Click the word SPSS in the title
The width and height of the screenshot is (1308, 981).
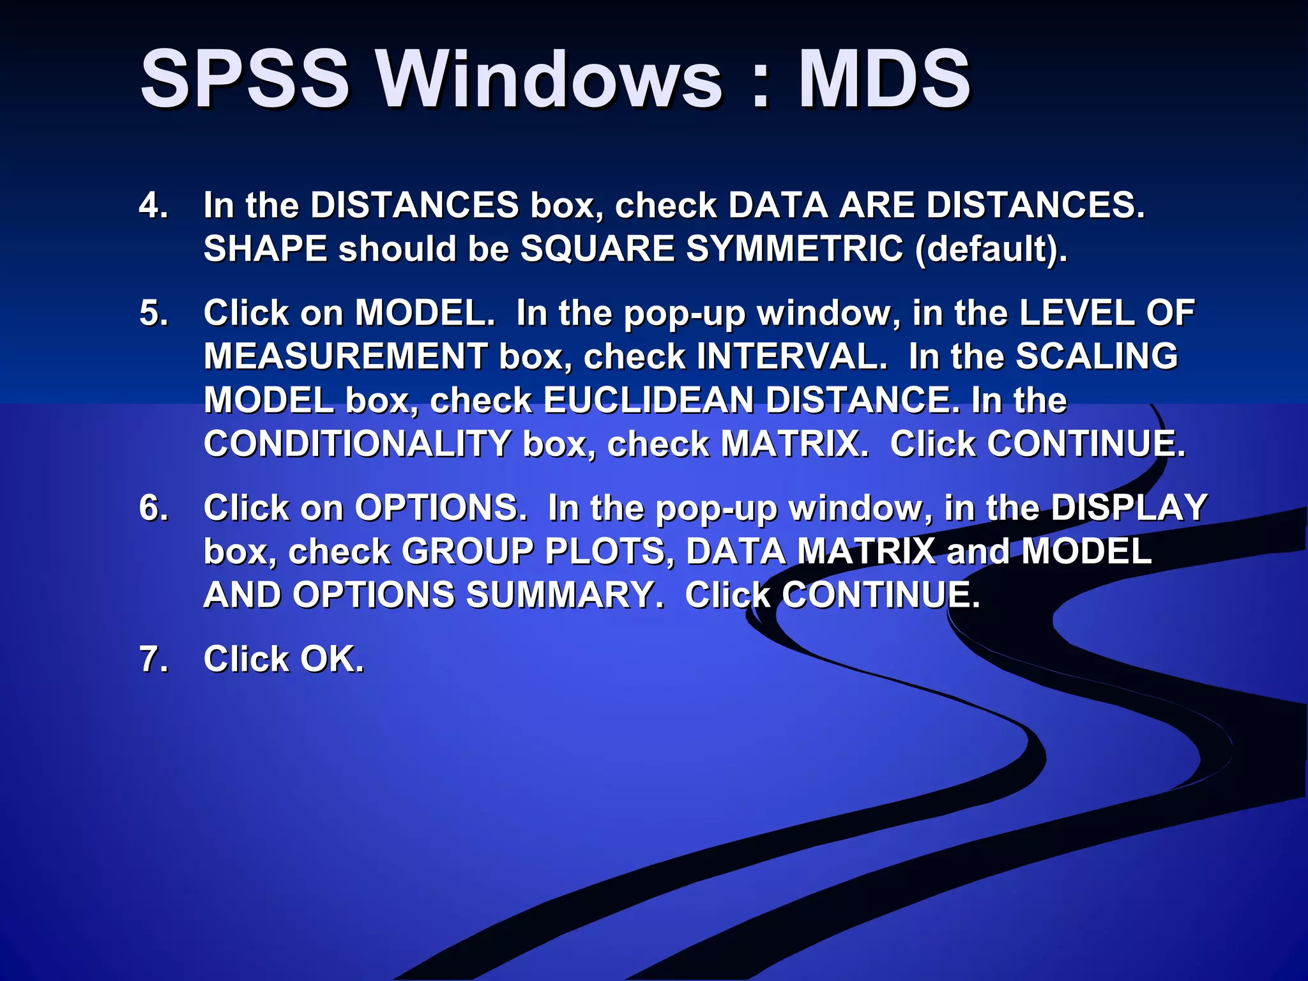pyautogui.click(x=245, y=80)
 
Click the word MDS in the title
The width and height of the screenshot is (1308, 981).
pyautogui.click(x=884, y=80)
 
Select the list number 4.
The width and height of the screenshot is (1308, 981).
pyautogui.click(x=153, y=206)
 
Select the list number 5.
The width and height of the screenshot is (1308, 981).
pyautogui.click(x=153, y=314)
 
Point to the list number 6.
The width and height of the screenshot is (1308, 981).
pyautogui.click(x=153, y=508)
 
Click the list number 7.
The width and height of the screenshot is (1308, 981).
pyautogui.click(x=153, y=660)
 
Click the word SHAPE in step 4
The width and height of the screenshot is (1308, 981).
pyautogui.click(x=265, y=249)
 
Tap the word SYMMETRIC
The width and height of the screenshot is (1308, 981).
pyautogui.click(x=795, y=249)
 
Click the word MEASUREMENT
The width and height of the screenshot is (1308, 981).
pyautogui.click(x=346, y=357)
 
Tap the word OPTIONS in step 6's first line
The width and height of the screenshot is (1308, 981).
pyautogui.click(x=440, y=508)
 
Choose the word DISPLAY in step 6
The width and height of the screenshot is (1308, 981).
pyautogui.click(x=1129, y=508)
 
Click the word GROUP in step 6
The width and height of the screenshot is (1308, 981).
pyautogui.click(x=467, y=552)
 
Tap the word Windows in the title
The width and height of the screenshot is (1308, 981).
pyautogui.click(x=549, y=80)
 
